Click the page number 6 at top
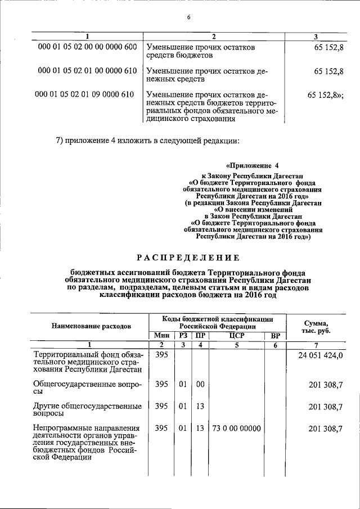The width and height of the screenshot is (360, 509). click(189, 17)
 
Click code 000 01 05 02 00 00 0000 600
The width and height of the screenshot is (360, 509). click(87, 47)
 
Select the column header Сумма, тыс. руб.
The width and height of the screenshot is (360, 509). click(317, 326)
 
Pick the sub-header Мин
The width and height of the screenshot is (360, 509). click(162, 336)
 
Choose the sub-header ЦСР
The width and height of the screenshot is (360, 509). click(236, 336)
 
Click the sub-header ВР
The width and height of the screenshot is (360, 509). click(275, 336)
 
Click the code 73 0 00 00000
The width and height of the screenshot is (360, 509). click(236, 429)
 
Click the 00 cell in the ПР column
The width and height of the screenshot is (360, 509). click(200, 384)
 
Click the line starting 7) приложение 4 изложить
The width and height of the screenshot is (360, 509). click(148, 140)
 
